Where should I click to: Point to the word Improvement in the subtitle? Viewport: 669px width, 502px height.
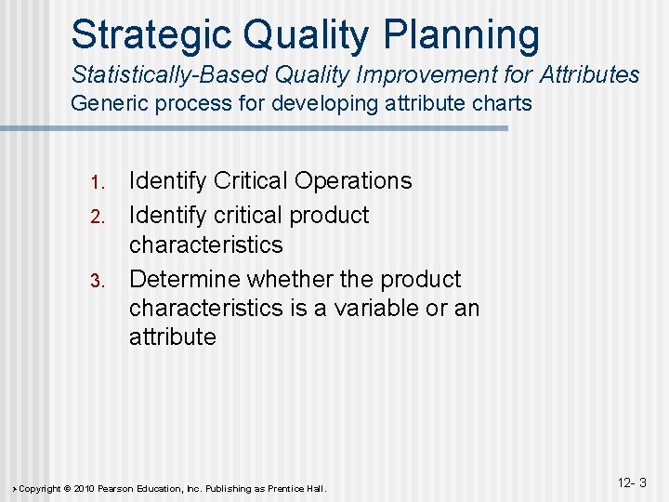click(x=426, y=74)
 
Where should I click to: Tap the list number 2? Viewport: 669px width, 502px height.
click(x=103, y=217)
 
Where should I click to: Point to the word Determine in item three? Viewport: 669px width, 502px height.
click(x=182, y=279)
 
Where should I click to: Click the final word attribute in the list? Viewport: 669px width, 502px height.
click(x=172, y=337)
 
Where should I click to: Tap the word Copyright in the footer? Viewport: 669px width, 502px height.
click(x=40, y=488)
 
